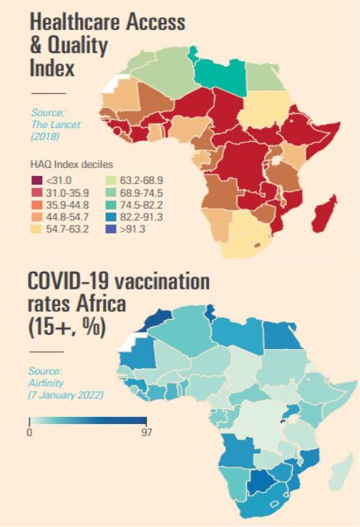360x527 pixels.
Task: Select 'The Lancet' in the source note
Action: pos(56,124)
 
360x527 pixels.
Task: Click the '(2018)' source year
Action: pos(45,137)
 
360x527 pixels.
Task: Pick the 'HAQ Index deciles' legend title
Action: pos(72,164)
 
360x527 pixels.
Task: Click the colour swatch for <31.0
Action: pos(37,180)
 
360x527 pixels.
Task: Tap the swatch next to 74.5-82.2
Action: pos(111,205)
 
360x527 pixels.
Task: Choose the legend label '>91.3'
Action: pos(132,230)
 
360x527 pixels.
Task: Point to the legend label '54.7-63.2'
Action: pos(67,230)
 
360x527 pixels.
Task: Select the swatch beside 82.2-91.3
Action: pos(111,217)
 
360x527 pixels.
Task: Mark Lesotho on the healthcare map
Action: pos(258,245)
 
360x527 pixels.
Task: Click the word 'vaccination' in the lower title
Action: pos(162,281)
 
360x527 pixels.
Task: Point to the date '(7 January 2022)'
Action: pos(66,395)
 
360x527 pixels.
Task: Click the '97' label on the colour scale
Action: pos(146,432)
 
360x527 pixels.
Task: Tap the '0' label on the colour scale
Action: pos(29,432)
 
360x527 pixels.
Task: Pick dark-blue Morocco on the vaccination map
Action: pos(158,320)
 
